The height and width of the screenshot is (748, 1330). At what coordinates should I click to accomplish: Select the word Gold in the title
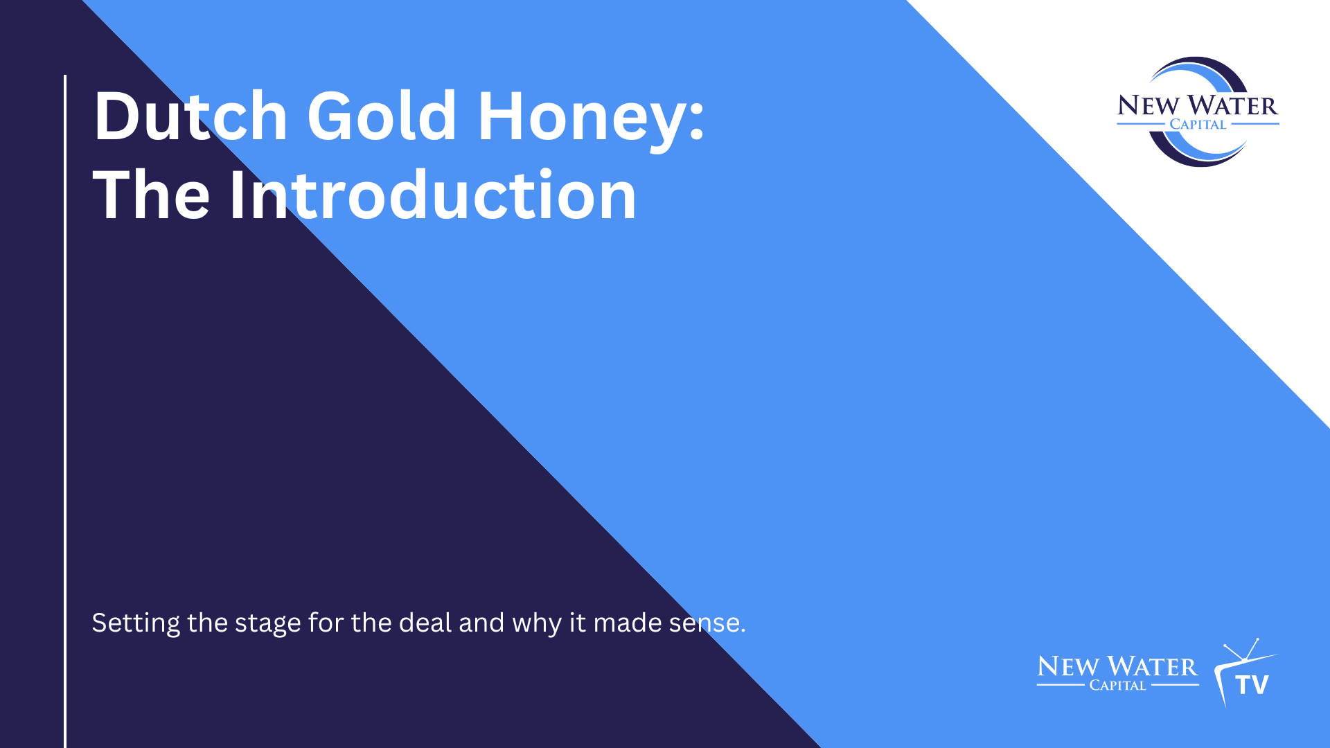click(x=382, y=116)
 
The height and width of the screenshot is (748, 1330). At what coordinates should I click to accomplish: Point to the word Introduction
click(x=433, y=196)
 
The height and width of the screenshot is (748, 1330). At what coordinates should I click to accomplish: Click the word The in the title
click(x=151, y=196)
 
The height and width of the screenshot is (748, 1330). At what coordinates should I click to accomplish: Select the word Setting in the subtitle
click(x=136, y=623)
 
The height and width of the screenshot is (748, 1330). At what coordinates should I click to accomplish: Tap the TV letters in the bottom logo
click(x=1252, y=685)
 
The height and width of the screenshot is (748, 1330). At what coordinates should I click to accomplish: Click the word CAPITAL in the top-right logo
click(x=1198, y=125)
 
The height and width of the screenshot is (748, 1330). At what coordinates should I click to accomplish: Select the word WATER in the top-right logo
click(x=1232, y=106)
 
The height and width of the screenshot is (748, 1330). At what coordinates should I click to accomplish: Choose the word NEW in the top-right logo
click(x=1148, y=106)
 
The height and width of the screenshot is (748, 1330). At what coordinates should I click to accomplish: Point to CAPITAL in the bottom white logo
click(x=1117, y=686)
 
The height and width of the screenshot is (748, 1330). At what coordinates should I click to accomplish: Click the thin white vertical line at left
click(x=65, y=416)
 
